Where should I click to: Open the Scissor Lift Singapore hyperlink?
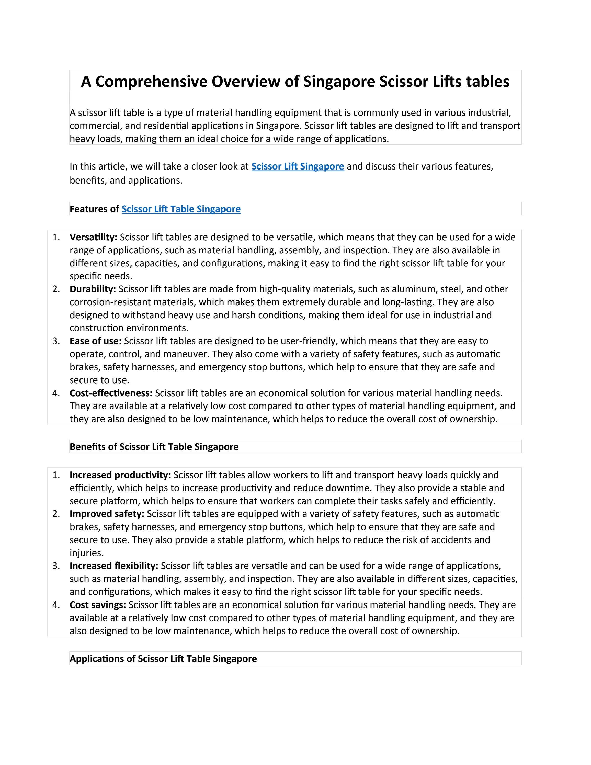point(298,166)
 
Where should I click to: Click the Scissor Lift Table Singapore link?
point(181,209)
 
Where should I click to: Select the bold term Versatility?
point(93,238)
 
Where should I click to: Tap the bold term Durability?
point(93,289)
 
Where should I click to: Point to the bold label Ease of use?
point(95,341)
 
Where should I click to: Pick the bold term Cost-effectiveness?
point(111,393)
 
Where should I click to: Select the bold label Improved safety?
point(107,514)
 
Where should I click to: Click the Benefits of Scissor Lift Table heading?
point(154,447)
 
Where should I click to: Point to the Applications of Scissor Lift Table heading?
point(163,659)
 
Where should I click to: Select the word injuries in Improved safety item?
point(86,553)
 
